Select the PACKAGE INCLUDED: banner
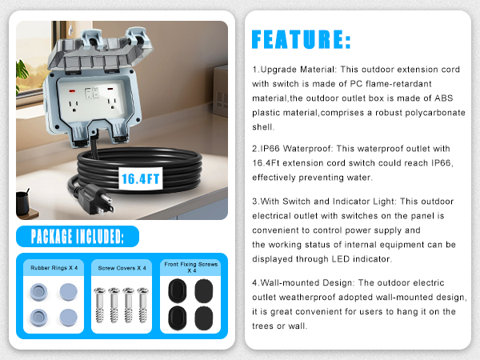78,237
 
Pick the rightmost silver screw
144,305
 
